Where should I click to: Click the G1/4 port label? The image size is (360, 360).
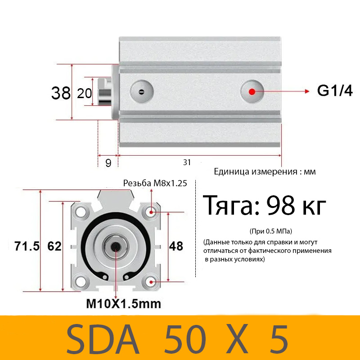click(x=335, y=91)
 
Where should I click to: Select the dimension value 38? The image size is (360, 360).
click(x=61, y=93)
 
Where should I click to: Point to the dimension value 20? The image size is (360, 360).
click(x=85, y=93)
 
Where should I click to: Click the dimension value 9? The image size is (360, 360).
click(x=108, y=163)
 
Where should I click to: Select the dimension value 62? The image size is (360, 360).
click(x=54, y=246)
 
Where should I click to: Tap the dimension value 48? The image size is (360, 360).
click(x=176, y=246)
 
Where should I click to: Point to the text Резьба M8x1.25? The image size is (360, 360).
click(x=155, y=183)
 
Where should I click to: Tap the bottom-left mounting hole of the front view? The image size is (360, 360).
click(x=81, y=282)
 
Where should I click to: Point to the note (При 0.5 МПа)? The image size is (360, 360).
click(x=270, y=231)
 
